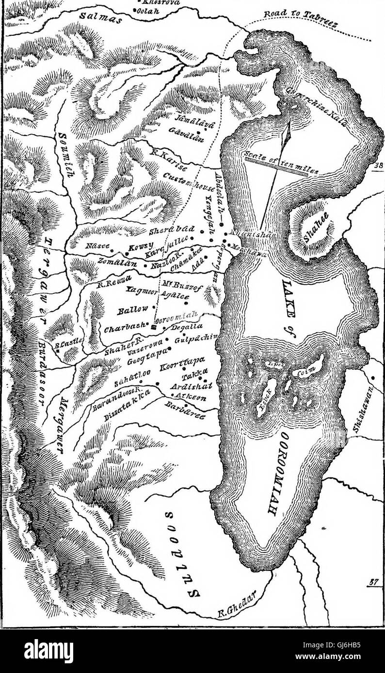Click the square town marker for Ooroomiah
pyautogui.click(x=153, y=327)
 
